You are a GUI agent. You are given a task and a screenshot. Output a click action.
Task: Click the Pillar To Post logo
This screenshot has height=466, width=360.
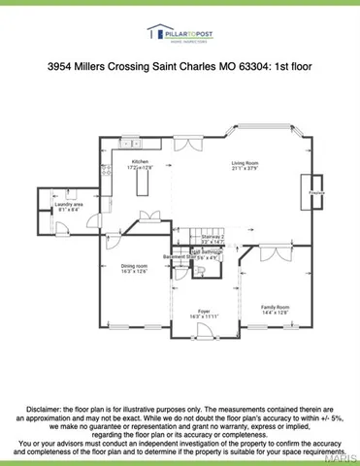[180, 35]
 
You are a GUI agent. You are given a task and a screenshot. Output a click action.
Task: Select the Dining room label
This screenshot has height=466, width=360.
[134, 265]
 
